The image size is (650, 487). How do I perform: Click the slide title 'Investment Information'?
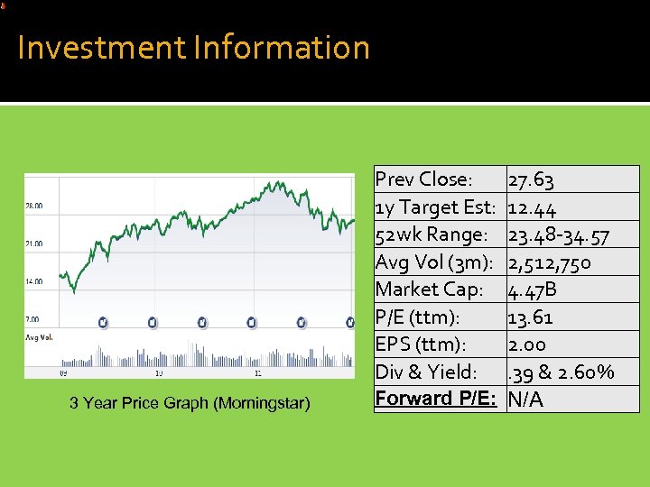193,47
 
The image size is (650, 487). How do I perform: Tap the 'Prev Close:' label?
422,179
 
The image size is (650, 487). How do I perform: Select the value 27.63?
532,179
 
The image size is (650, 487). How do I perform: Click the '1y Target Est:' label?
435,207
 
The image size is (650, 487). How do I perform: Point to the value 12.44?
532,207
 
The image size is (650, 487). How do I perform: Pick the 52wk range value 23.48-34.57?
559,234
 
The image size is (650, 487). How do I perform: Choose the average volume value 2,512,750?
550,262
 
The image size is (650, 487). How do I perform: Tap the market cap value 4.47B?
533,289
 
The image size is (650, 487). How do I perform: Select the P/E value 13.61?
531,317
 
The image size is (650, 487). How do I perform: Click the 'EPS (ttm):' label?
422,344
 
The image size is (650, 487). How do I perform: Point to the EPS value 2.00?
527,344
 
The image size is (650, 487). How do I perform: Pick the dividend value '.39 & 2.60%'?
562,372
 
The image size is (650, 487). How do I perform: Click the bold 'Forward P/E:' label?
435,399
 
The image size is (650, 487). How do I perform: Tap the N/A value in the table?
526,399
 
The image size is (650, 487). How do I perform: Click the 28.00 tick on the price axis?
34,206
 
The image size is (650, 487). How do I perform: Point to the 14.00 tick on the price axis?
34,281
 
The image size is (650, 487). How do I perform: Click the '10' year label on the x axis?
159,373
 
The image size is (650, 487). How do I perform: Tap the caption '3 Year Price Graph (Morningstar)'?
190,403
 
